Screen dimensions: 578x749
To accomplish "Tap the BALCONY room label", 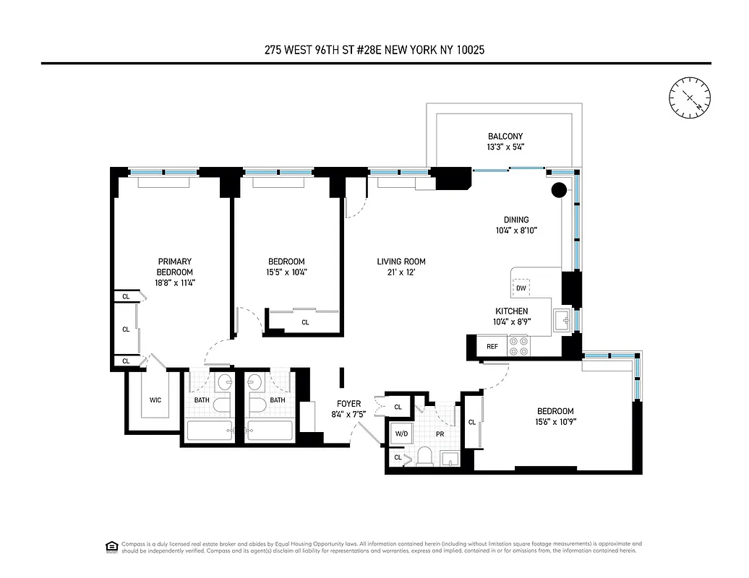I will pos(505,136).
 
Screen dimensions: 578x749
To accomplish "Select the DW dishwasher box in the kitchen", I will pos(521,288).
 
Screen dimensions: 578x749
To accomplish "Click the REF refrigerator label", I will pos(492,347).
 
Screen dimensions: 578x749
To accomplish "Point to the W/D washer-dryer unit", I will pos(401,433).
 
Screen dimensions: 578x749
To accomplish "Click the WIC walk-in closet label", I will pos(155,400).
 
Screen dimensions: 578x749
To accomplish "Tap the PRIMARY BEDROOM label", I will pos(175,266).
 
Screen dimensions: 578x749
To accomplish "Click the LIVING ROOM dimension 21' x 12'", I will pos(401,272).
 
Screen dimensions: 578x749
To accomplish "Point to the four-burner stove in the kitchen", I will pos(518,346).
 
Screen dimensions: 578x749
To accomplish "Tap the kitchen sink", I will pos(562,319).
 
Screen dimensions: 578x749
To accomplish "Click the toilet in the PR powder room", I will pos(424,456).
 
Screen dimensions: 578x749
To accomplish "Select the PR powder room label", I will pos(440,435).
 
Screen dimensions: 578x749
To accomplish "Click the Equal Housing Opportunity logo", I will pos(111,545).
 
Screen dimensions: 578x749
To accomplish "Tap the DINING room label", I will pos(516,220).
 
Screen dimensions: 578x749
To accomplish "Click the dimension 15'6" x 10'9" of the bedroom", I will pos(555,422).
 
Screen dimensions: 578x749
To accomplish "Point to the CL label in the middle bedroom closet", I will pos(304,322).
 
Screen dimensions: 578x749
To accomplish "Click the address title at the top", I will pos(374,51).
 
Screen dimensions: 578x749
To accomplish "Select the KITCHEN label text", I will pos(511,311).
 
